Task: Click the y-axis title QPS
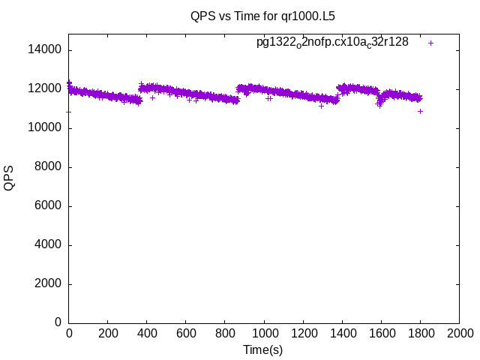(10, 178)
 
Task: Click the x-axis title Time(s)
(262, 350)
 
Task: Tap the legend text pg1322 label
(332, 42)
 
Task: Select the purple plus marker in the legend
(430, 43)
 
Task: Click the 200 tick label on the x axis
(108, 334)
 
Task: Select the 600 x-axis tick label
(186, 334)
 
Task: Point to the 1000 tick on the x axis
(264, 334)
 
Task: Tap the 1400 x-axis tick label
(342, 334)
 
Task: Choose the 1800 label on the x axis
(420, 334)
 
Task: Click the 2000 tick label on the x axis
(459, 334)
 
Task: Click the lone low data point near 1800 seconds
(420, 111)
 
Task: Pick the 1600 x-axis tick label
(381, 334)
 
